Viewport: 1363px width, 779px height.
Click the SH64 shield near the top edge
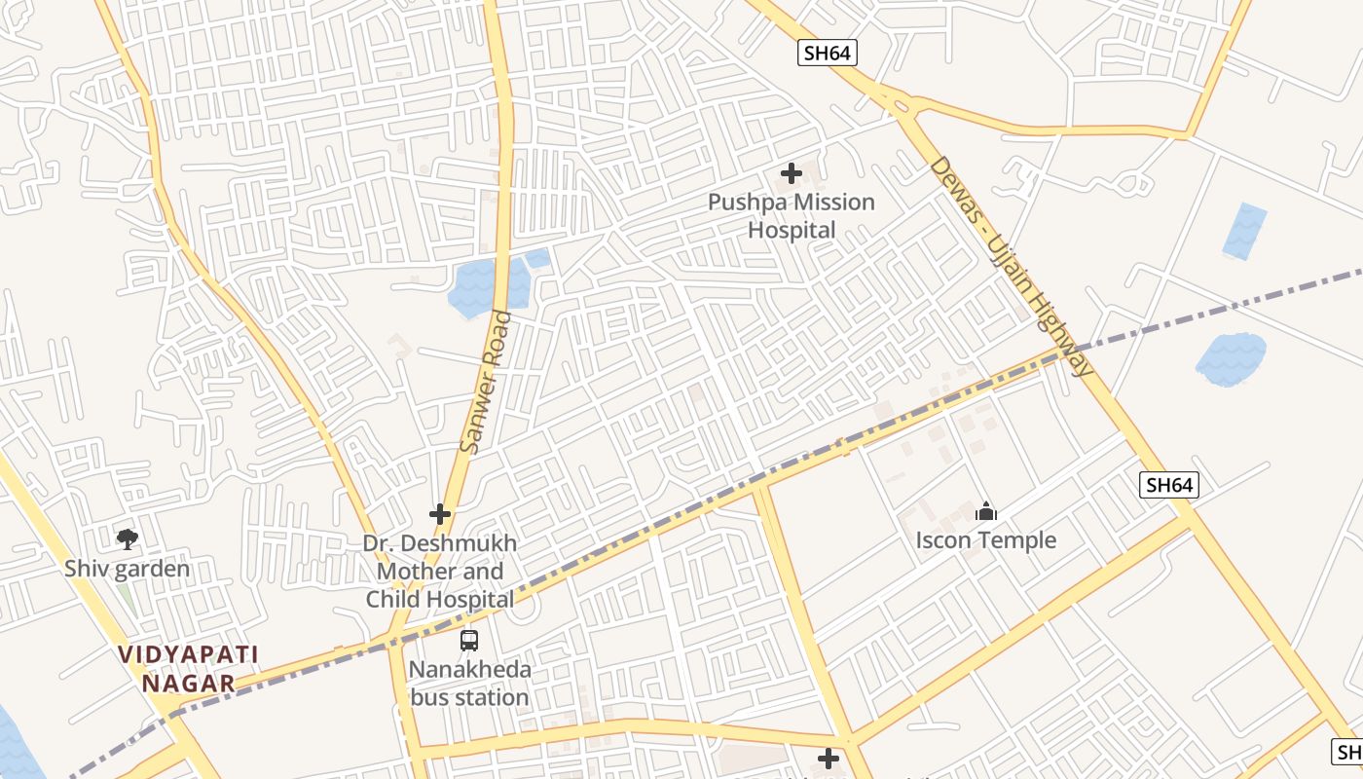828,53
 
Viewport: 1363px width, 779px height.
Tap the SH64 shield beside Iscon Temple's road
1168,484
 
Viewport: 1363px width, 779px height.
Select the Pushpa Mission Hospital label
792,216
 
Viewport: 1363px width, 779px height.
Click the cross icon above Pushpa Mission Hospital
792,174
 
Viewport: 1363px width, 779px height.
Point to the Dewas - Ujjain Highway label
1011,266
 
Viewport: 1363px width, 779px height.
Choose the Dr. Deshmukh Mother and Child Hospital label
440,572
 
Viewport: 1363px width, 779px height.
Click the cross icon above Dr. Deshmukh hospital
440,514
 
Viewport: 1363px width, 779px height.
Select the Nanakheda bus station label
470,684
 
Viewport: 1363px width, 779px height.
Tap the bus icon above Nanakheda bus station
469,641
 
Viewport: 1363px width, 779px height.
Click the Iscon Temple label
986,540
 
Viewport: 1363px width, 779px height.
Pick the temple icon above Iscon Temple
986,511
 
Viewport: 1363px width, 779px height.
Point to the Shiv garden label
127,569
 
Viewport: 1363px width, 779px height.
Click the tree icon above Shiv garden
127,538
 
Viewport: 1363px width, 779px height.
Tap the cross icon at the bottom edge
829,759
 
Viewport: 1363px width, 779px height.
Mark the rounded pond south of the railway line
1231,358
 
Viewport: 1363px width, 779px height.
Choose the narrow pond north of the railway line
1244,231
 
